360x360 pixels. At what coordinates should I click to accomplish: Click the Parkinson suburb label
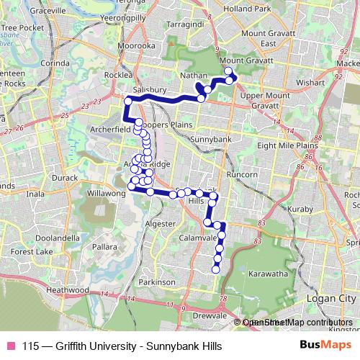pyautogui.click(x=158, y=283)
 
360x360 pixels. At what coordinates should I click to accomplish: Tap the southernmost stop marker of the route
pyautogui.click(x=215, y=270)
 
